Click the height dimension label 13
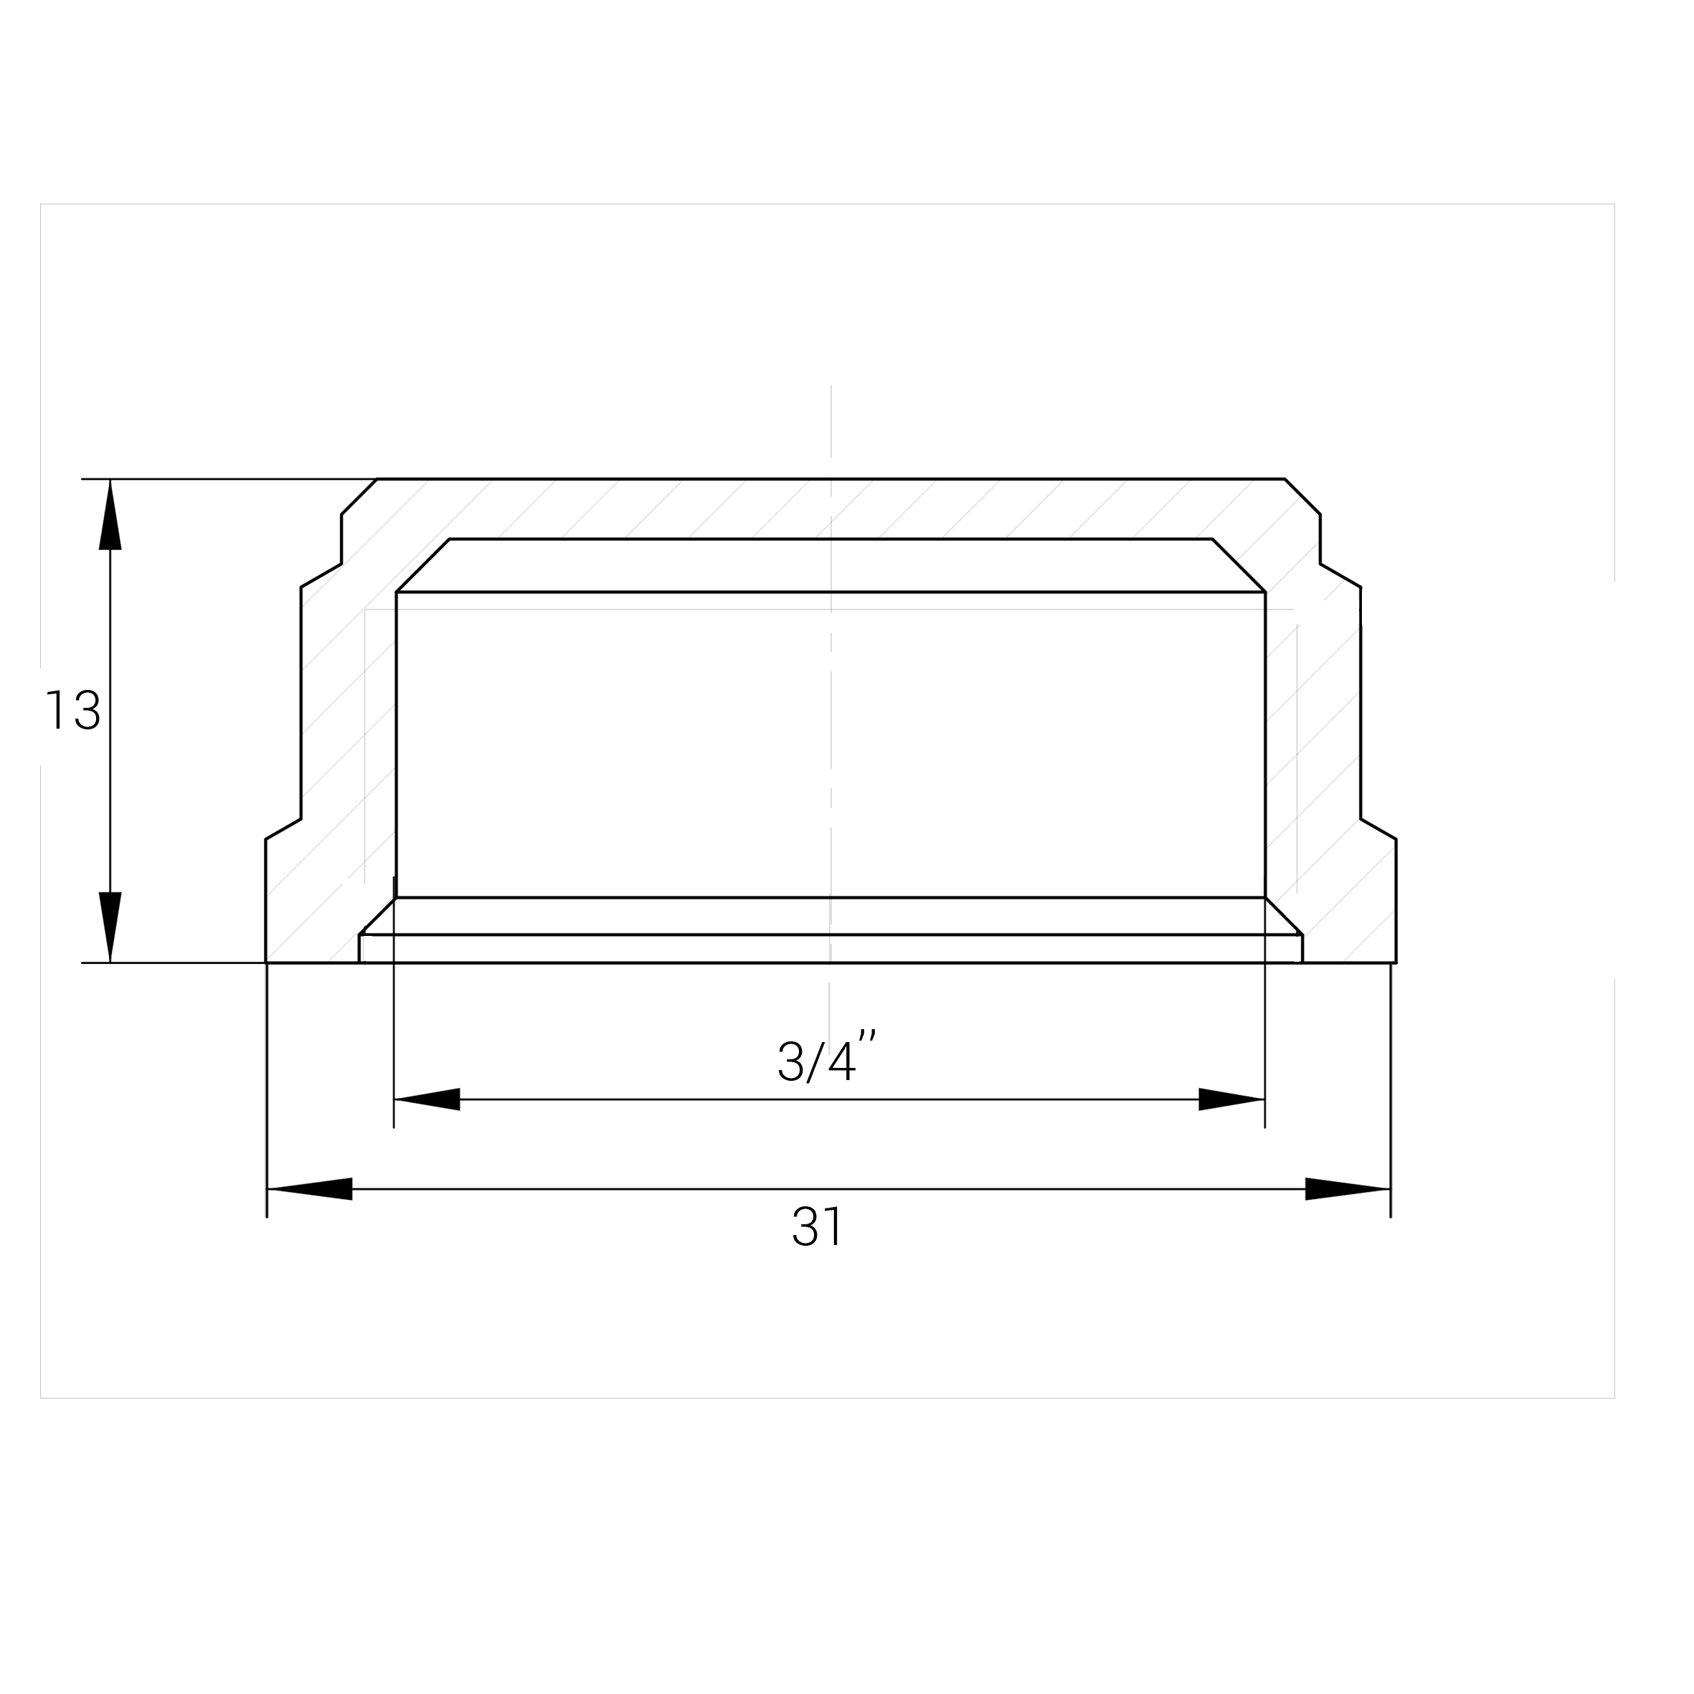72,710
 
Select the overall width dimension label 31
816,1226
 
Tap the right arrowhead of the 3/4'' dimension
1232,1099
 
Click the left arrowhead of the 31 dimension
310,1189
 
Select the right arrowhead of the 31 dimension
1348,1189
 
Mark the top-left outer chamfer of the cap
359,496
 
